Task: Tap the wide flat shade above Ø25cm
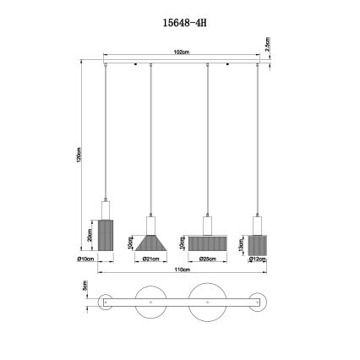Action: point(208,243)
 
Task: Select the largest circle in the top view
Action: point(208,302)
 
